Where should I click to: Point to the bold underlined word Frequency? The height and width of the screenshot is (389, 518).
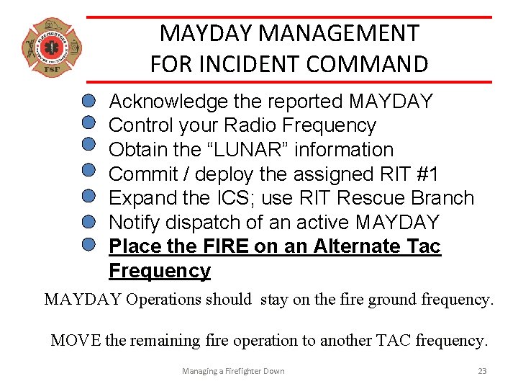(160, 271)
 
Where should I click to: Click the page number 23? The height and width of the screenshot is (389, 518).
(482, 371)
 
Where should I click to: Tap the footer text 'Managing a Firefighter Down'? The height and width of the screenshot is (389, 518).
(233, 371)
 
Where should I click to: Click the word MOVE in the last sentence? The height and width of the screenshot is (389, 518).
(76, 340)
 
